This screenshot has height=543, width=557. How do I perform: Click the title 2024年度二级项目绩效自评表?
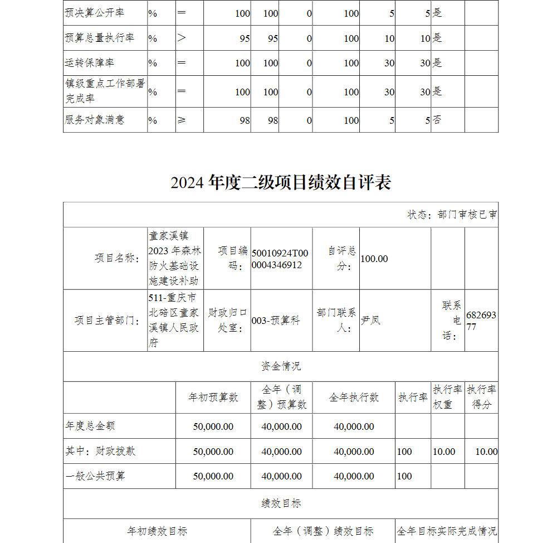click(x=281, y=182)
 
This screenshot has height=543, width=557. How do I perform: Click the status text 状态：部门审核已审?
click(x=452, y=215)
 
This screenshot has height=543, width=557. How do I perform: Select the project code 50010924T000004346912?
click(x=280, y=259)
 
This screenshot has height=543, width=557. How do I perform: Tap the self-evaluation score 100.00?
click(x=374, y=259)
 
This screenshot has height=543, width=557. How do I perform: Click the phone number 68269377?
click(x=481, y=321)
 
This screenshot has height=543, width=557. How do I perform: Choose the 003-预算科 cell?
click(x=276, y=321)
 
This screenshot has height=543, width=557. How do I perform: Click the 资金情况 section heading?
click(x=281, y=366)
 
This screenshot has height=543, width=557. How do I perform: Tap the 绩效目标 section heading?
click(x=281, y=503)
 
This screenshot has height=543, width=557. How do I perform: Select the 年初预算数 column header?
click(x=213, y=397)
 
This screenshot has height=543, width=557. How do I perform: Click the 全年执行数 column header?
click(x=354, y=397)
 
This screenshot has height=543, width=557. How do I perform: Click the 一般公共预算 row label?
click(x=95, y=476)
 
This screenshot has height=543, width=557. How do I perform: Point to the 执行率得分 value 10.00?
click(x=486, y=452)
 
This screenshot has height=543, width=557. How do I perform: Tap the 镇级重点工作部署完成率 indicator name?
click(x=105, y=91)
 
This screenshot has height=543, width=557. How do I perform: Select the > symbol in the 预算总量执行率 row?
click(x=182, y=38)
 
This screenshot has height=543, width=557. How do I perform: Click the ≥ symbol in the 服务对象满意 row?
click(x=182, y=120)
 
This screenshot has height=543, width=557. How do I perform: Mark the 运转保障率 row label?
click(x=90, y=62)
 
